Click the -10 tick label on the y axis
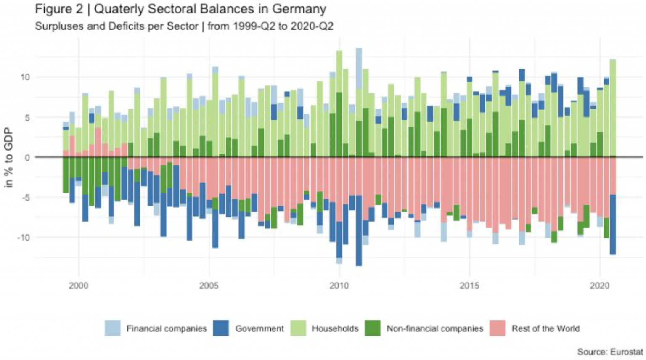pos(23,238)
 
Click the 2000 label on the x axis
pos(78,286)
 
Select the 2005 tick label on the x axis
pos(209,286)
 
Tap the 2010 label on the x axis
pos(339,286)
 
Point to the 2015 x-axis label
pos(469,286)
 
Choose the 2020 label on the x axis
pos(599,286)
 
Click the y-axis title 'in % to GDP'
pos(8,158)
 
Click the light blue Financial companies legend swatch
pos(112,328)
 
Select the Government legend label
pos(259,328)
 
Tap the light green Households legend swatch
pos(298,328)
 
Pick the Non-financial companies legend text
pos(434,328)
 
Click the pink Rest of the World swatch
pos(498,328)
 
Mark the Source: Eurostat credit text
pos(610,352)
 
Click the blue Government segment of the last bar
pos(613,225)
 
